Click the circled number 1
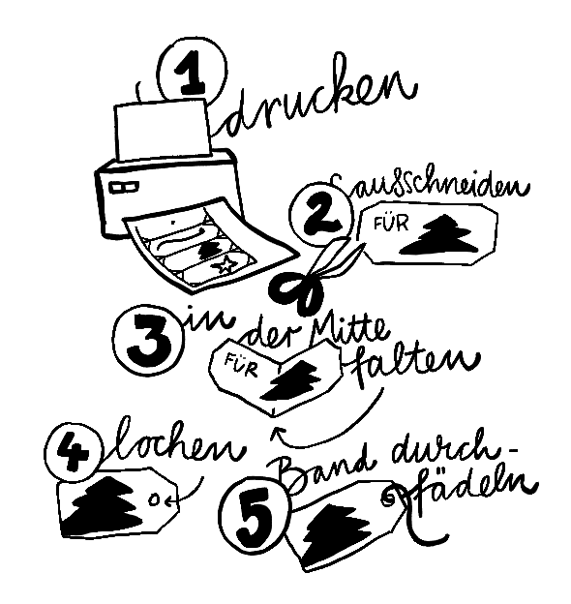point(192,71)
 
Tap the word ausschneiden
point(431,185)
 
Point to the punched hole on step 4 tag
point(156,498)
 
